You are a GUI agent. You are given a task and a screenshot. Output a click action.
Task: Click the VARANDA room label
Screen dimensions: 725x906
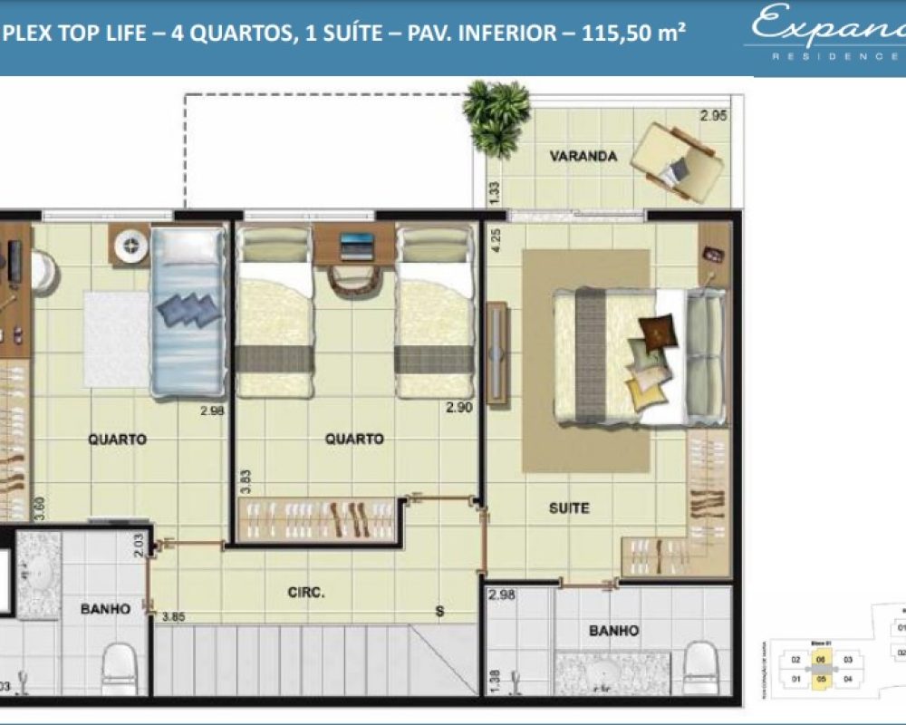click(x=583, y=156)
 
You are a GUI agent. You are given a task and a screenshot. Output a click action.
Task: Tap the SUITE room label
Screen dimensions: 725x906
click(x=568, y=507)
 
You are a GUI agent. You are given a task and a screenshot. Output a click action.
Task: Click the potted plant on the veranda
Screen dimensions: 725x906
click(x=496, y=115)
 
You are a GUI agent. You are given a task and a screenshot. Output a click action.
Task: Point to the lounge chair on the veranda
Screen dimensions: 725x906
click(x=677, y=160)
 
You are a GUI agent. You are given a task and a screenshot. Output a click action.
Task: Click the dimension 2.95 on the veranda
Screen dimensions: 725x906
click(x=713, y=115)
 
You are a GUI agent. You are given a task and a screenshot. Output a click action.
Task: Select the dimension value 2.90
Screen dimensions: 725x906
click(x=459, y=409)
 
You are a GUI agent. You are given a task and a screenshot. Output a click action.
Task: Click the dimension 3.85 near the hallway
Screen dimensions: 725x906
click(x=174, y=616)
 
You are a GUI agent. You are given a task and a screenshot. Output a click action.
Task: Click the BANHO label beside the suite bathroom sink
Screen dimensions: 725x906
click(x=613, y=630)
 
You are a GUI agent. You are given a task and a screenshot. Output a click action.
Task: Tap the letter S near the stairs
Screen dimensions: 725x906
click(x=439, y=612)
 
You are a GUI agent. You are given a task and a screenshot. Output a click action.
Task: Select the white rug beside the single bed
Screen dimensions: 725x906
click(x=118, y=338)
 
